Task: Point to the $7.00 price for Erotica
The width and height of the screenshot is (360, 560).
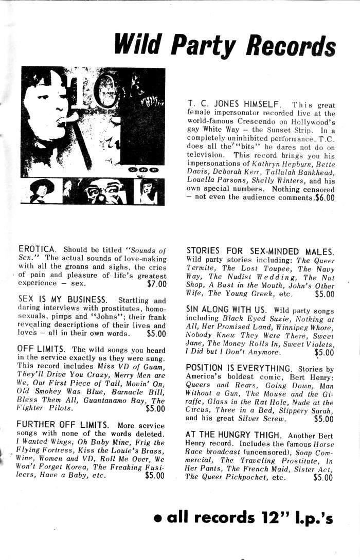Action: (x=156, y=283)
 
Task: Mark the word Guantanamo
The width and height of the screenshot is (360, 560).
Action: (x=112, y=401)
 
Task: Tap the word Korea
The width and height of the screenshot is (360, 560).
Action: (x=79, y=467)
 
